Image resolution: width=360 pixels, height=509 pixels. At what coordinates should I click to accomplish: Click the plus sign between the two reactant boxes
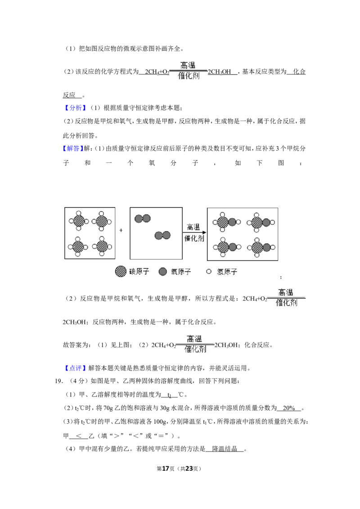pos(121,230)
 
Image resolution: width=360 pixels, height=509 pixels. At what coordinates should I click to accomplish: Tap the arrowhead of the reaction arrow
pos(204,232)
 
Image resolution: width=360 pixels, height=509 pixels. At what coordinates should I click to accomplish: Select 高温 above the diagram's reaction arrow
pos(194,227)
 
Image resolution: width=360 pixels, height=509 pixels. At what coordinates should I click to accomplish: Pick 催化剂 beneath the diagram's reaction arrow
pos(194,238)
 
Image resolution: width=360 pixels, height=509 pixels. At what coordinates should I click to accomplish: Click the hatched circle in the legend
pos(121,271)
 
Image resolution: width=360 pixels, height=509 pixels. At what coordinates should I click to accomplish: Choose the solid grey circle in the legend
pos(163,271)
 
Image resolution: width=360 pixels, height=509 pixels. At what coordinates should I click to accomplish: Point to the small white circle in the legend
pos(208,272)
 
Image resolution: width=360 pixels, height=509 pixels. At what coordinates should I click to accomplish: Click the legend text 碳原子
pos(139,272)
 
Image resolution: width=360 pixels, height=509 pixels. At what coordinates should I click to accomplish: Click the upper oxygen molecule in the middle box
pos(142,219)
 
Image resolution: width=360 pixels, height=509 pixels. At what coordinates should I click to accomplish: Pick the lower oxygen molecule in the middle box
pos(162,235)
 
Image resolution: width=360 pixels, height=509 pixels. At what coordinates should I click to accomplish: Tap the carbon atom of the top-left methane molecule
pos(79,221)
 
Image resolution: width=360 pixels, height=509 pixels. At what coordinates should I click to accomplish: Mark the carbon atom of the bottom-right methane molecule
pos(102,246)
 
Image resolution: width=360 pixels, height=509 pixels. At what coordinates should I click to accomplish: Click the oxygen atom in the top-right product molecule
pos(266,222)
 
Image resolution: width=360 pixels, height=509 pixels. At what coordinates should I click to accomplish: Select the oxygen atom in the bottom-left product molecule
pos(232,247)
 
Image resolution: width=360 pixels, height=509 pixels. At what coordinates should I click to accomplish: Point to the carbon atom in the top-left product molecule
pos(222,222)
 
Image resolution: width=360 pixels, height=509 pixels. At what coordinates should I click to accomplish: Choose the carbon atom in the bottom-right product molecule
pos(257,247)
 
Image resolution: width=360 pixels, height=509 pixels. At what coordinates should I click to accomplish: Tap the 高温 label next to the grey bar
pos(286,292)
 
